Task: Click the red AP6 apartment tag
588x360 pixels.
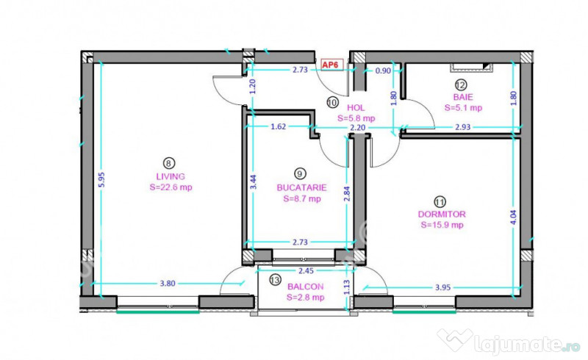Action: tap(331, 65)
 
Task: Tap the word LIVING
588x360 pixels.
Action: tap(170, 176)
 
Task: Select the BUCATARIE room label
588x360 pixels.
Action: tap(301, 187)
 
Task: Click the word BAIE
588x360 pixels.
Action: tap(463, 96)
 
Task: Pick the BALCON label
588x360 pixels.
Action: tap(304, 287)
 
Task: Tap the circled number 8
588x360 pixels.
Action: tap(170, 163)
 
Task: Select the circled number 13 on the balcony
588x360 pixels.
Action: tap(275, 280)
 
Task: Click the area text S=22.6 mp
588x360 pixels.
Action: tap(170, 187)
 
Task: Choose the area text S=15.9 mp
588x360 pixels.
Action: tap(442, 226)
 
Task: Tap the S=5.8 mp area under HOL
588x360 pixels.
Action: tap(356, 118)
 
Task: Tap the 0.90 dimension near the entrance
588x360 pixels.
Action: tap(383, 71)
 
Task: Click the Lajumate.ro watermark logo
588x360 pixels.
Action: tap(507, 341)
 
